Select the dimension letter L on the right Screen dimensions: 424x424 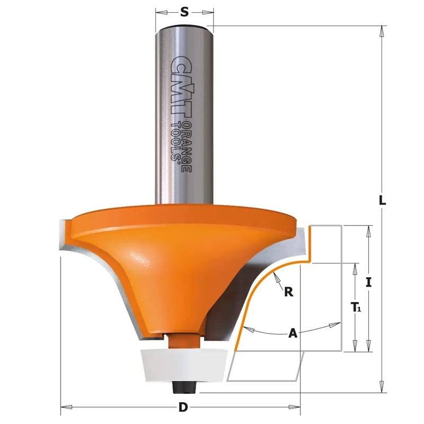tap(382, 201)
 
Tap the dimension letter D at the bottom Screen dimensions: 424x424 tap(183, 408)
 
